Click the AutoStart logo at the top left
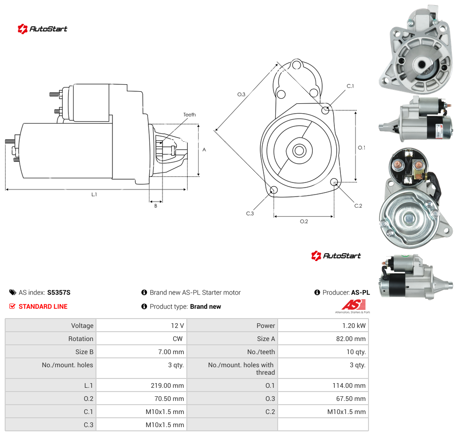coord(43,29)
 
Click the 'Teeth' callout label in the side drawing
coord(190,115)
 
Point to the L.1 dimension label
coord(94,194)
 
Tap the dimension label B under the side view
coord(155,206)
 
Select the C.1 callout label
coord(350,86)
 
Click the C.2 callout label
coord(358,206)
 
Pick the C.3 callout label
coord(250,213)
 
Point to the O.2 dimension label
coord(304,221)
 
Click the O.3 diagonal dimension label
coord(241,94)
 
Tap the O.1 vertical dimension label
coord(361,148)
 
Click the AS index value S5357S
coord(59,292)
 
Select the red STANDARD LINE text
coord(43,306)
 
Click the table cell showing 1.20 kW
coord(323,326)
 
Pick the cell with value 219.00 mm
coord(142,385)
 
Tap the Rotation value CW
coord(142,339)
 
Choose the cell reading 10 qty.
coord(323,352)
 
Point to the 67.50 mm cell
coord(323,399)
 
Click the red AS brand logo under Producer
coord(353,306)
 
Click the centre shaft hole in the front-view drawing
coord(299,151)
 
